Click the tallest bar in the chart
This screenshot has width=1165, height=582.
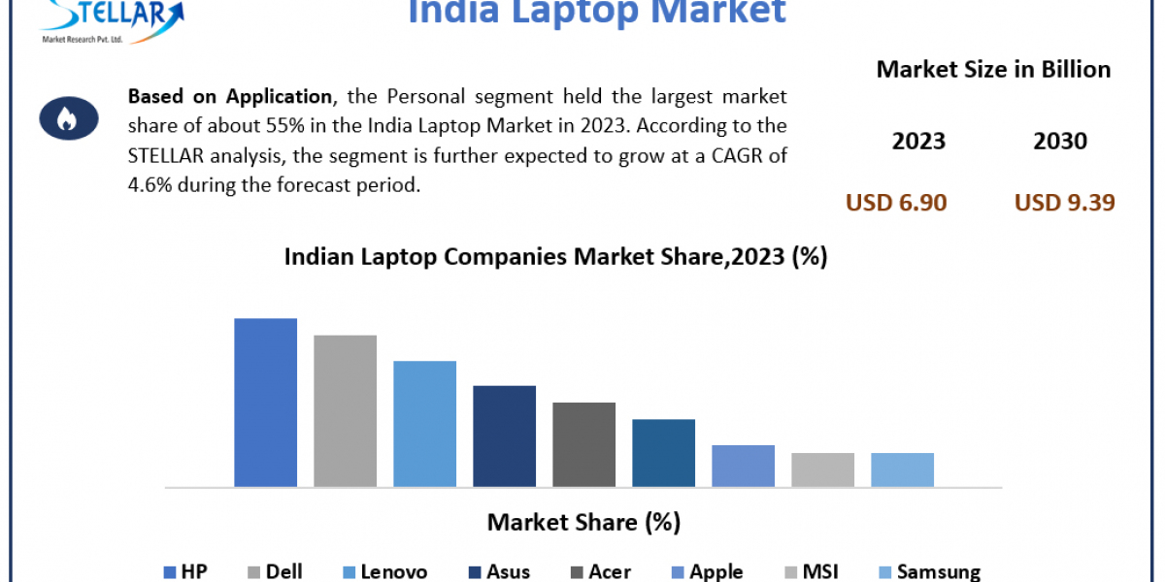pyautogui.click(x=265, y=402)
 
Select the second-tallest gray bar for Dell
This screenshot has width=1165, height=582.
pyautogui.click(x=345, y=410)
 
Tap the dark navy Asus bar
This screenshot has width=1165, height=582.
pyautogui.click(x=504, y=436)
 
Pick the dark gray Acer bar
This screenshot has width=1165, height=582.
pyautogui.click(x=583, y=444)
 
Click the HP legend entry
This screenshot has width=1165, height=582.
pyautogui.click(x=185, y=572)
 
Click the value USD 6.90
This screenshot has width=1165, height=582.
pyautogui.click(x=896, y=202)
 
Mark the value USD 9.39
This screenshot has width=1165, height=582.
pyautogui.click(x=1064, y=202)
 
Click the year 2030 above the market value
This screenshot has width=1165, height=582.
pyautogui.click(x=1060, y=142)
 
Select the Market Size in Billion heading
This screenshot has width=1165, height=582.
pyautogui.click(x=993, y=70)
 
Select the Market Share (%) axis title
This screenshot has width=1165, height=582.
pyautogui.click(x=583, y=523)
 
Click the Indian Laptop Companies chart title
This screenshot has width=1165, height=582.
pyautogui.click(x=554, y=257)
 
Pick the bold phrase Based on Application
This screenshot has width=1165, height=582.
pyautogui.click(x=229, y=97)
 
